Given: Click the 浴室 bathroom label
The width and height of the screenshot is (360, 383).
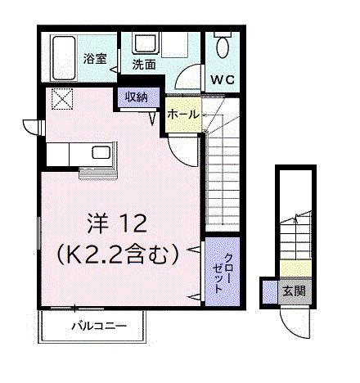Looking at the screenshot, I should click(x=94, y=59).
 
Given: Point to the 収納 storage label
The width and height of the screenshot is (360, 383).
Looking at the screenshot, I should click(x=137, y=97).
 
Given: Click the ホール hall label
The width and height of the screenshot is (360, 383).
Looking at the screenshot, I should click(x=182, y=115).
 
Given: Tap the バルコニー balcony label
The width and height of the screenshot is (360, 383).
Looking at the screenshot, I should click(x=97, y=326).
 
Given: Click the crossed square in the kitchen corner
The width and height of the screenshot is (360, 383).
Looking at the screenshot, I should click(x=62, y=100).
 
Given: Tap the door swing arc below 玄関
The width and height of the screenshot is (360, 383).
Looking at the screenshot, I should click(x=292, y=315).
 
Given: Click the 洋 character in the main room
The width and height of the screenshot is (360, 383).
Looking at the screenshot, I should click(x=96, y=222).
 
